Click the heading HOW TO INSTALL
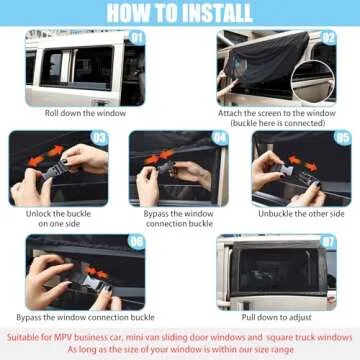180,13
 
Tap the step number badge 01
136,39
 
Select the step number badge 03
99,138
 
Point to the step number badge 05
342,138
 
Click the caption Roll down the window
84,112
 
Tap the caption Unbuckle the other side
301,214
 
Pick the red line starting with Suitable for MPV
180,336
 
